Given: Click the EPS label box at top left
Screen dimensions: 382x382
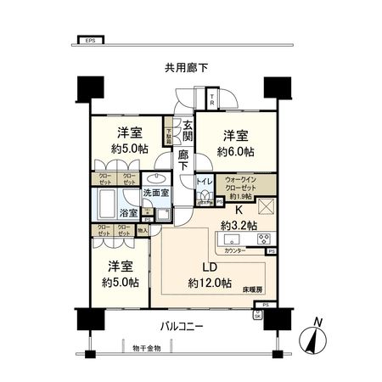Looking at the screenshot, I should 89,40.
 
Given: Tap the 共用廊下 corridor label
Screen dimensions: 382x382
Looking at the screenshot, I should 188,68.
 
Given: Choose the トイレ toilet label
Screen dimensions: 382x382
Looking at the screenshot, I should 204,182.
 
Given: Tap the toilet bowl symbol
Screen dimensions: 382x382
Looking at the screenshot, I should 204,197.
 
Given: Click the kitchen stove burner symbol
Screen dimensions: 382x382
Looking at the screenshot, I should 262,238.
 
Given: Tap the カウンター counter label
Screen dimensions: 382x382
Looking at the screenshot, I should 238,252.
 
